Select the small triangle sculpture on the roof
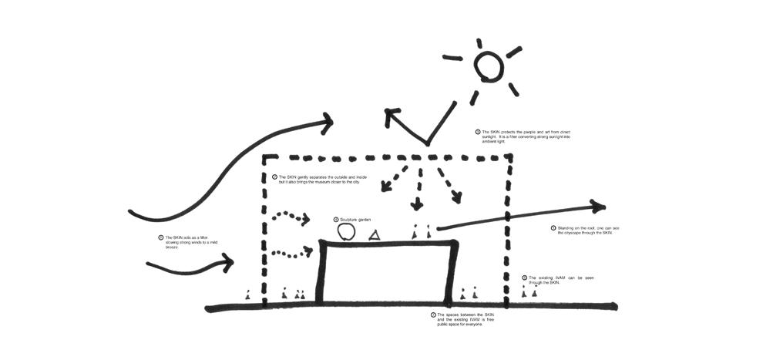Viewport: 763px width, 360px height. point(375,235)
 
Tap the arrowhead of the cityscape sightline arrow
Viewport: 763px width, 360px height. point(599,206)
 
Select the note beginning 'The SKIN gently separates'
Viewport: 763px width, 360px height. point(324,180)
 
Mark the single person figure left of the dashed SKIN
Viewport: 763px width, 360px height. point(247,294)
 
